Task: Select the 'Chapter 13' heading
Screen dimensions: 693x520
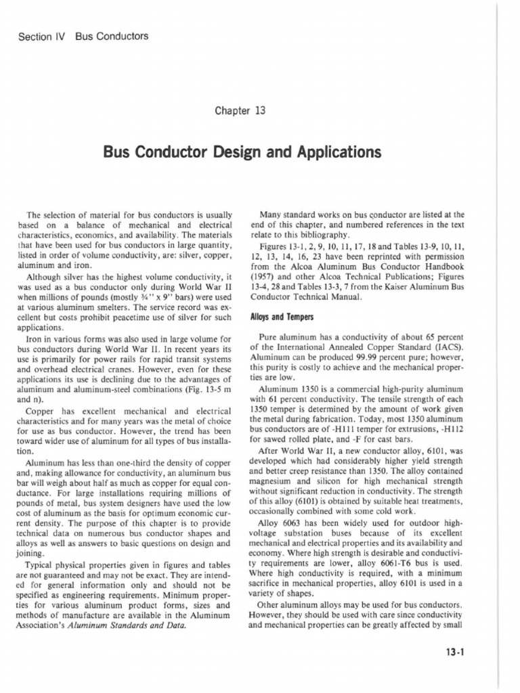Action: (x=259, y=110)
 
